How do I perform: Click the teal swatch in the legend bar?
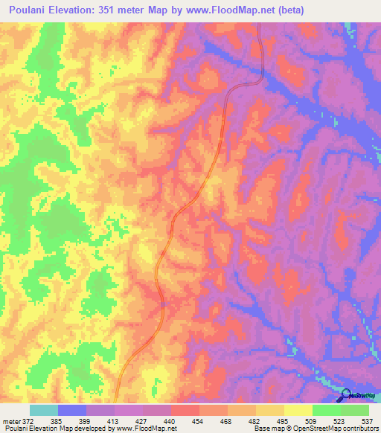pos(44,410)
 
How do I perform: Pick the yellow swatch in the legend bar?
pos(298,410)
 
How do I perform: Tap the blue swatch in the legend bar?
pos(72,410)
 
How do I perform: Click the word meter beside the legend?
pos(9,420)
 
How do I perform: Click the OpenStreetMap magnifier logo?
pos(348,395)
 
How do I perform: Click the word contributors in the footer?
pos(357,429)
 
